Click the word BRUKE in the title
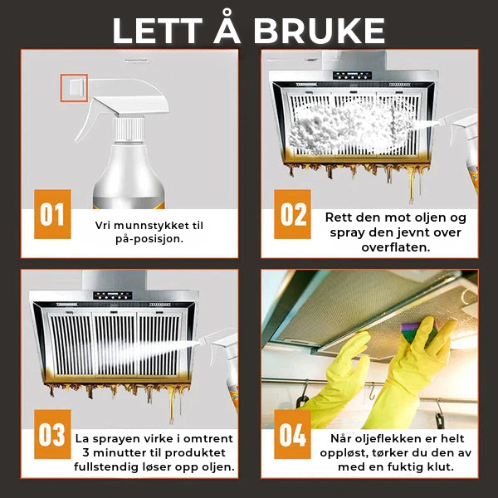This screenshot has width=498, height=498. (319, 31)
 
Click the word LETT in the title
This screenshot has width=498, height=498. (157, 31)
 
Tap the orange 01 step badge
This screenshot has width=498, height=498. (52, 214)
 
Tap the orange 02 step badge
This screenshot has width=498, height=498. (292, 214)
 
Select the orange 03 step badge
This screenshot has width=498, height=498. (52, 434)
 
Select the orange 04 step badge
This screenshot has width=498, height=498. (292, 434)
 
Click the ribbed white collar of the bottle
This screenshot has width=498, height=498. (129, 129)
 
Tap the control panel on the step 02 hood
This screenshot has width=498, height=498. (352, 76)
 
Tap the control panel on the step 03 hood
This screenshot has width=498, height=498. (113, 295)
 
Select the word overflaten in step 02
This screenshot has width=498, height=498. (395, 247)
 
